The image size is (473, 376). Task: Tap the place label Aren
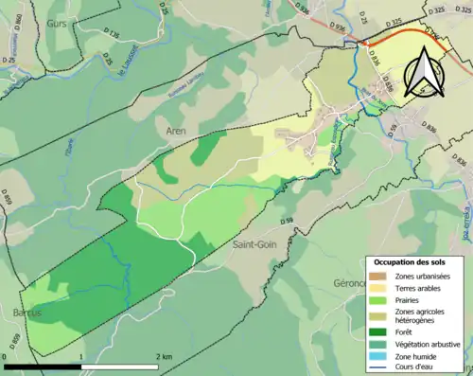[176, 131]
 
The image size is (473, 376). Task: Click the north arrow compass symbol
[422, 73]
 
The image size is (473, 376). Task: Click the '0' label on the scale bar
[7, 357]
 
